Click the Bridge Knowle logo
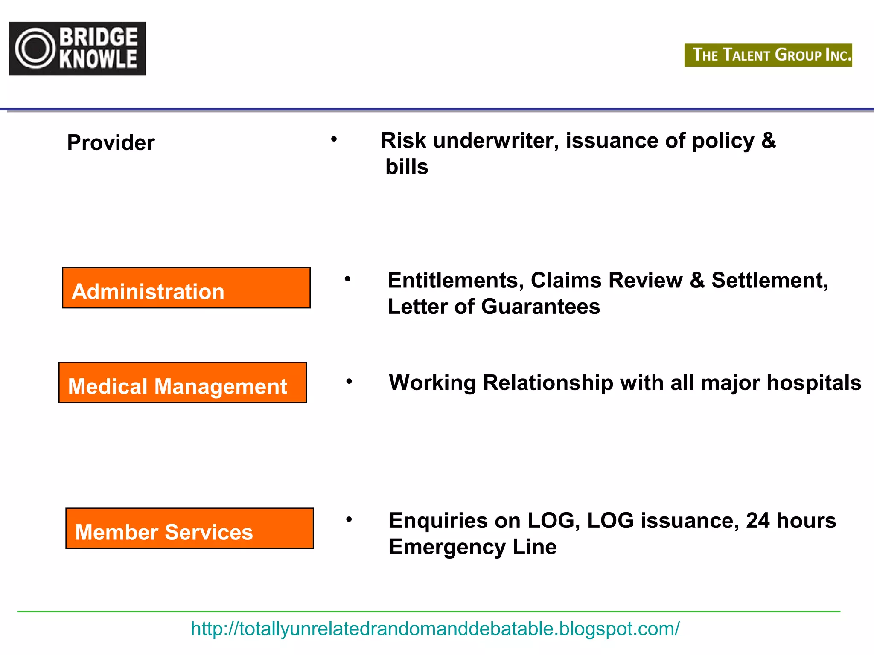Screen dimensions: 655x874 tap(77, 49)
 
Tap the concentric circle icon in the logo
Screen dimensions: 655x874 tap(35, 49)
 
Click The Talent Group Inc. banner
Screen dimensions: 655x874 tap(768, 55)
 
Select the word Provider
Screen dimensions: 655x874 tap(111, 142)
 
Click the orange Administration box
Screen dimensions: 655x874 tap(186, 288)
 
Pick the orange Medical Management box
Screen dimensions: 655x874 tap(183, 383)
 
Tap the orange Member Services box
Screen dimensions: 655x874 tap(189, 528)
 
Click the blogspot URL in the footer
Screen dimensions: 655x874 tap(435, 629)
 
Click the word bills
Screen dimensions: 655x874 tap(407, 167)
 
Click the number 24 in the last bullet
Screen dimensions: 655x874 tap(757, 521)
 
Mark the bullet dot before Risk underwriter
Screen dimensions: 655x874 tap(334, 139)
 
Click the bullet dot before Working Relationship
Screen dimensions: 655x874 tap(349, 381)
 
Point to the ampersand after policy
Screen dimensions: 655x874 tap(768, 141)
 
